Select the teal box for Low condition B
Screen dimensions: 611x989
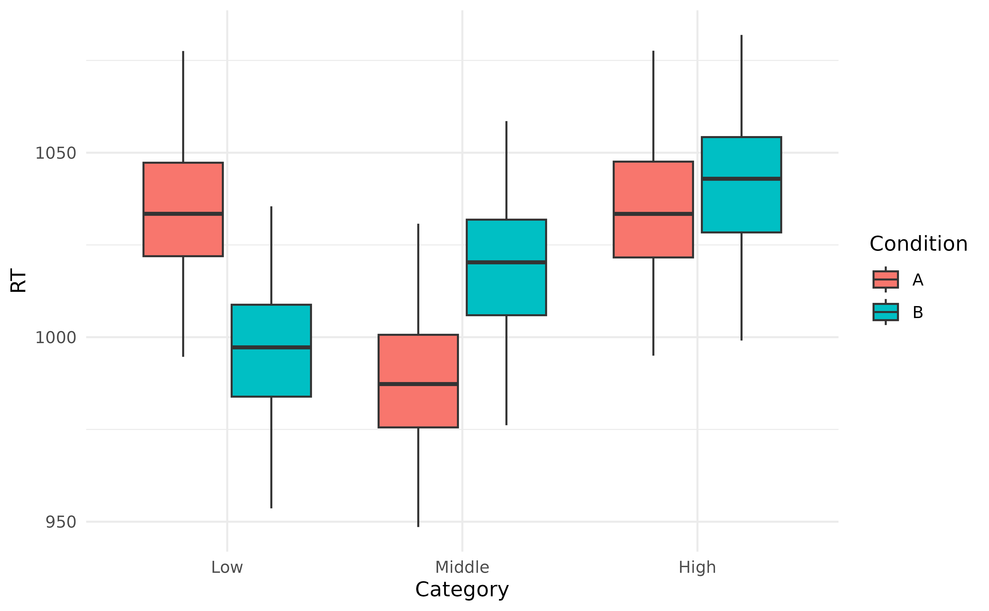pyautogui.click(x=271, y=372)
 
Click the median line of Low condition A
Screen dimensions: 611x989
pyautogui.click(x=183, y=214)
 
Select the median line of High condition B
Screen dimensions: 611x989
pyautogui.click(x=741, y=178)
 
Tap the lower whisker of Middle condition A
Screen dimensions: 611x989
pyautogui.click(x=418, y=477)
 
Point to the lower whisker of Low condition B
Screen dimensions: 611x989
pyautogui.click(x=271, y=453)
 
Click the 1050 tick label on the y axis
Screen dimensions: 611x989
pyautogui.click(x=56, y=153)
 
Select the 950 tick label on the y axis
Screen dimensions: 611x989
pyautogui.click(x=61, y=522)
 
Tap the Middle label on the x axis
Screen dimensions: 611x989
pyautogui.click(x=462, y=567)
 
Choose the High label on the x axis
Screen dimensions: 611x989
pyautogui.click(x=697, y=567)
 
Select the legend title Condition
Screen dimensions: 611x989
pyautogui.click(x=918, y=244)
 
